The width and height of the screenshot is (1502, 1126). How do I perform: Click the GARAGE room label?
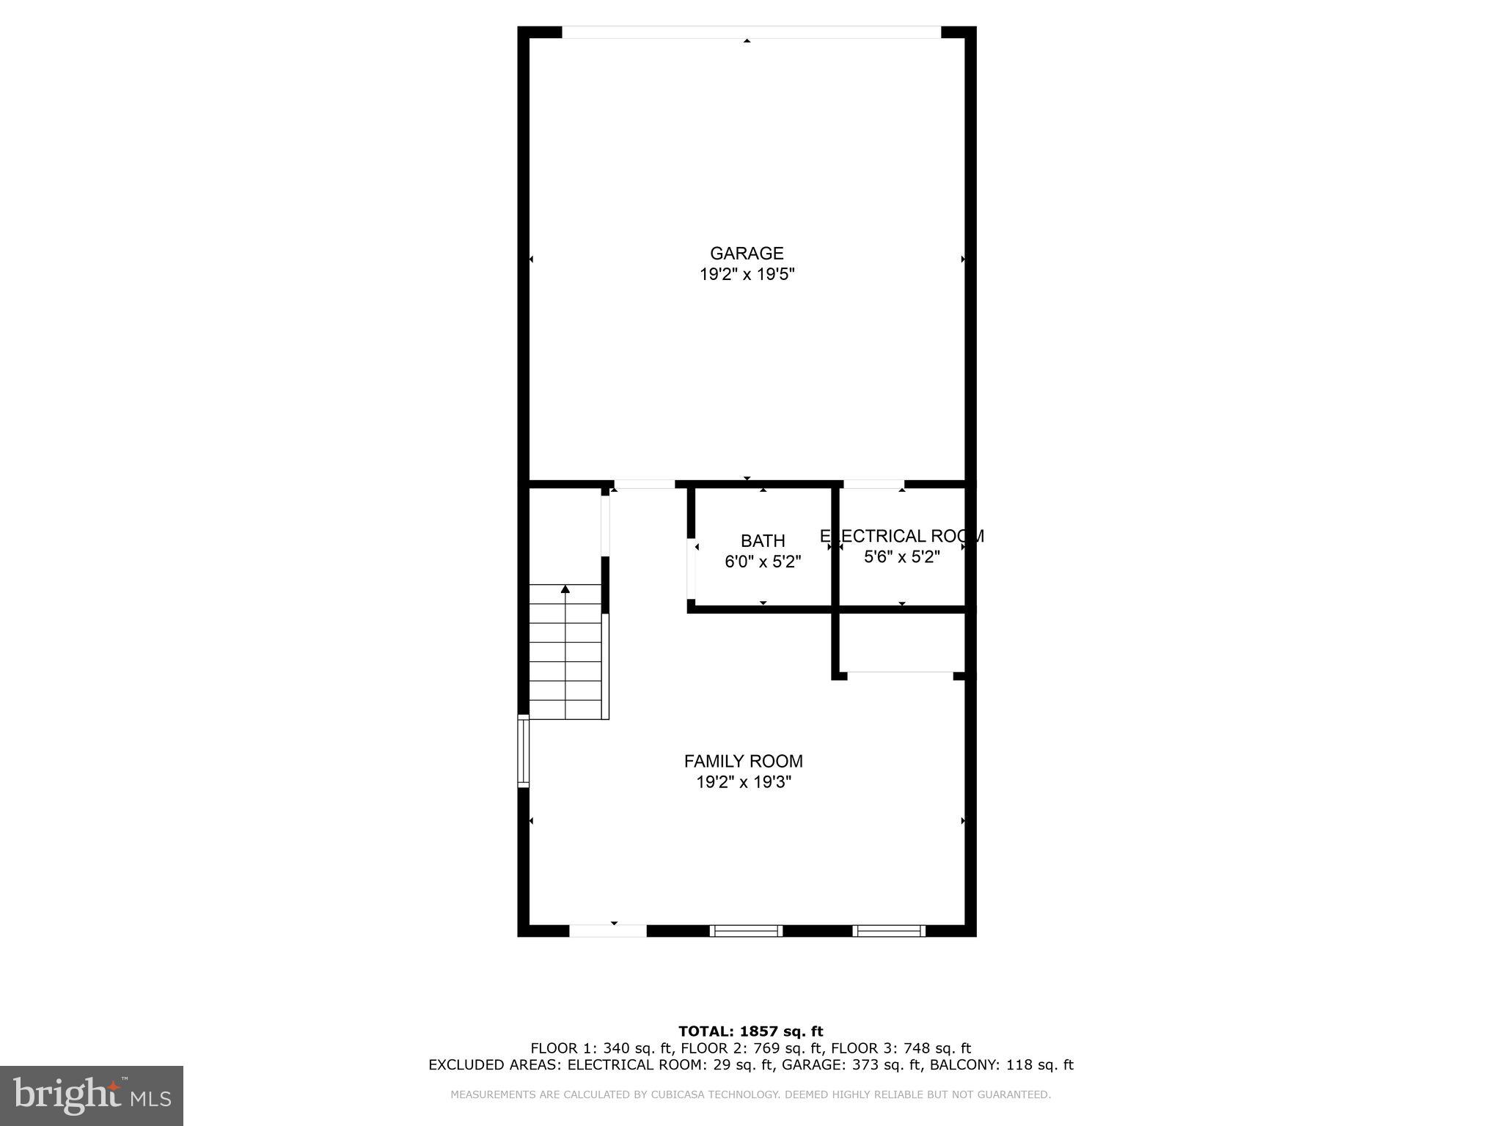point(747,253)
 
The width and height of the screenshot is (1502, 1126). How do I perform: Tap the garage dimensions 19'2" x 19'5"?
point(747,275)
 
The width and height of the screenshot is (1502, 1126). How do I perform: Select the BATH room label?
point(763,541)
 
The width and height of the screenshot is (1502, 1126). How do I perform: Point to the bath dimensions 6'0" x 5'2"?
point(763,562)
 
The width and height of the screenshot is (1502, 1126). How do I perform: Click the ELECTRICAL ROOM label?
point(901,536)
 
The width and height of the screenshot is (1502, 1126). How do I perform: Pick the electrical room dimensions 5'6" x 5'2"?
point(901,557)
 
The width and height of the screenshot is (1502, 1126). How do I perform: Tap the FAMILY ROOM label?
point(743,761)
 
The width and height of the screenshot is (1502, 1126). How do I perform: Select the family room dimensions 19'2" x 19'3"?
point(743,782)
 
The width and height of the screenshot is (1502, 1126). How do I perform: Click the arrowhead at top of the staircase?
point(565,589)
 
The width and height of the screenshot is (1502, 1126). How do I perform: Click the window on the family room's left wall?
point(523,751)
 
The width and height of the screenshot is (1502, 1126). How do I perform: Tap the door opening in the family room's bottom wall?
point(608,931)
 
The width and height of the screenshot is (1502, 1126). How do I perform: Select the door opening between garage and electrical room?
point(873,484)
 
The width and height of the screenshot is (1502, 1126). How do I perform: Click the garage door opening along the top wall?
point(751,32)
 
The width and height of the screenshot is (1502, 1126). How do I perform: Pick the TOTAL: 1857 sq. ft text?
point(750,1031)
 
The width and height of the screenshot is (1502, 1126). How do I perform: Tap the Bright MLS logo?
point(92,1095)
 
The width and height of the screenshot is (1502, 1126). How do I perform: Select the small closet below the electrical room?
point(901,642)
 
